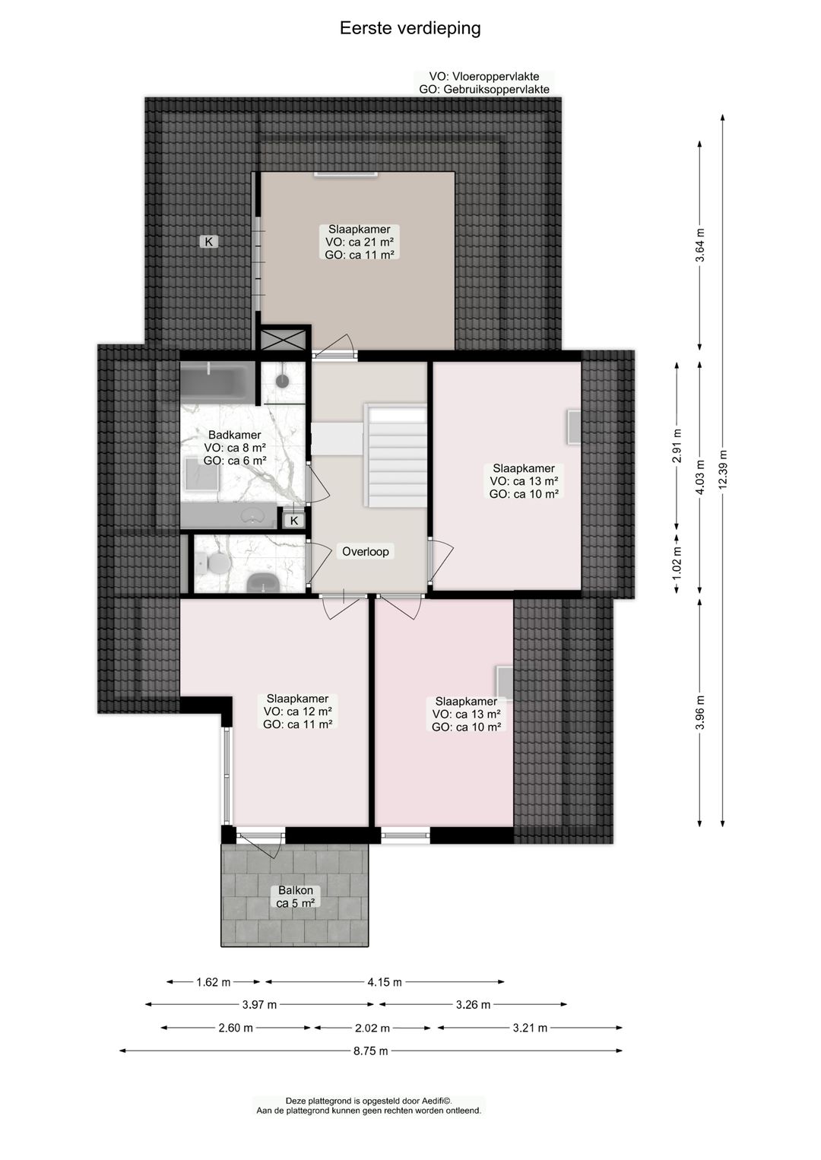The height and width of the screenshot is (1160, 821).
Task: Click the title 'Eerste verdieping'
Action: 410,28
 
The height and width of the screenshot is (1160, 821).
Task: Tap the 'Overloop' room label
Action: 365,552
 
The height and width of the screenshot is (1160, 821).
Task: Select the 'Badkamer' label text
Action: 234,435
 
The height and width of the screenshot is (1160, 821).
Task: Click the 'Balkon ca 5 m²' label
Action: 295,897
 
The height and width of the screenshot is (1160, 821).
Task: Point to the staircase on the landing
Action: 396,456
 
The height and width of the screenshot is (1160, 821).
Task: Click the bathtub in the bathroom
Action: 217,382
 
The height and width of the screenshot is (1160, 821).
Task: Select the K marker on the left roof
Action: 208,242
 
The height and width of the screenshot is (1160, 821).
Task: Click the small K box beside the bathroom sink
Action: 294,521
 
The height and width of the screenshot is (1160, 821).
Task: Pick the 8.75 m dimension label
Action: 370,1051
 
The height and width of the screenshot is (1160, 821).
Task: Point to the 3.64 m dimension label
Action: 700,245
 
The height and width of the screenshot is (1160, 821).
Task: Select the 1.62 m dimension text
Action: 213,982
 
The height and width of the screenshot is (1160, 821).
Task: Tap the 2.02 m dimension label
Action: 372,1028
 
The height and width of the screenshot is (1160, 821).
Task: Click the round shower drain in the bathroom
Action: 283,381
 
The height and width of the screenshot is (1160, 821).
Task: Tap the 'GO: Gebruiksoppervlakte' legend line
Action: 483,89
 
